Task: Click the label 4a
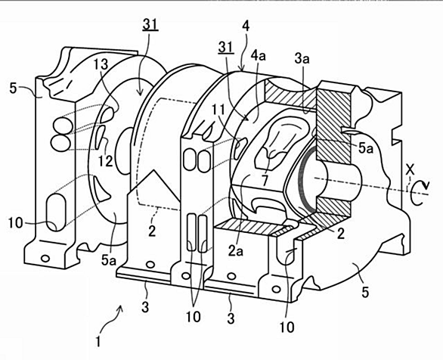click(259, 56)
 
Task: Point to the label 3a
click(302, 59)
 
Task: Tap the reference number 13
click(101, 64)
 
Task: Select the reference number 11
click(218, 110)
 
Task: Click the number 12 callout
click(106, 161)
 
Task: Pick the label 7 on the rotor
click(265, 181)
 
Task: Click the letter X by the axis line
click(410, 170)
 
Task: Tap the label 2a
click(236, 251)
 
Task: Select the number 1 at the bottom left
click(98, 342)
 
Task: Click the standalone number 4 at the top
click(246, 26)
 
